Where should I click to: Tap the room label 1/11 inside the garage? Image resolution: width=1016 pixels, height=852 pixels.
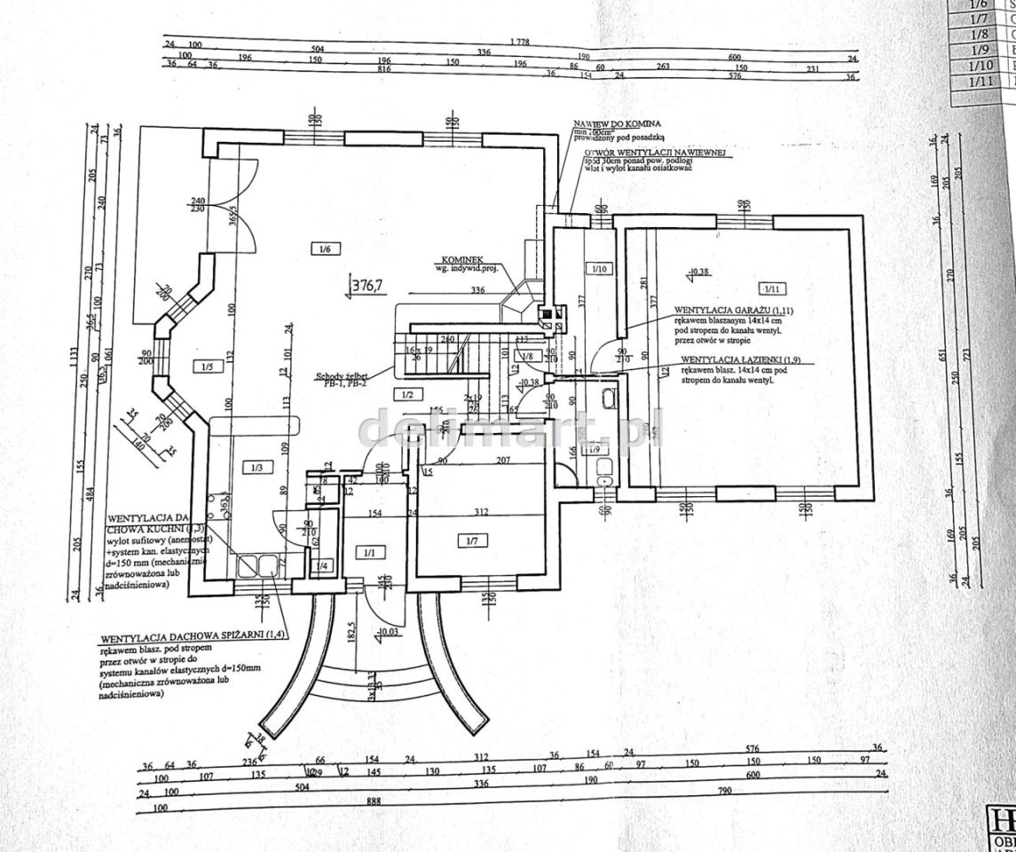(x=768, y=288)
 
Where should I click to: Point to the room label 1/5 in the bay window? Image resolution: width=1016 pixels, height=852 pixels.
(x=206, y=366)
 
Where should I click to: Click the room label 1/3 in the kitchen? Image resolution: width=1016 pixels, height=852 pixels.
(x=256, y=467)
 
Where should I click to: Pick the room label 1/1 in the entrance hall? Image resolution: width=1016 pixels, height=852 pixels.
(x=367, y=555)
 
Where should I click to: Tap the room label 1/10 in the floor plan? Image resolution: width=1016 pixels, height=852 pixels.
(x=598, y=268)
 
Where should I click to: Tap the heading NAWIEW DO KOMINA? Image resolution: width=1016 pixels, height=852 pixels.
(x=617, y=124)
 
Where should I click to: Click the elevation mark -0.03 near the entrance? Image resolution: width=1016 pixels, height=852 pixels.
(x=388, y=632)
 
